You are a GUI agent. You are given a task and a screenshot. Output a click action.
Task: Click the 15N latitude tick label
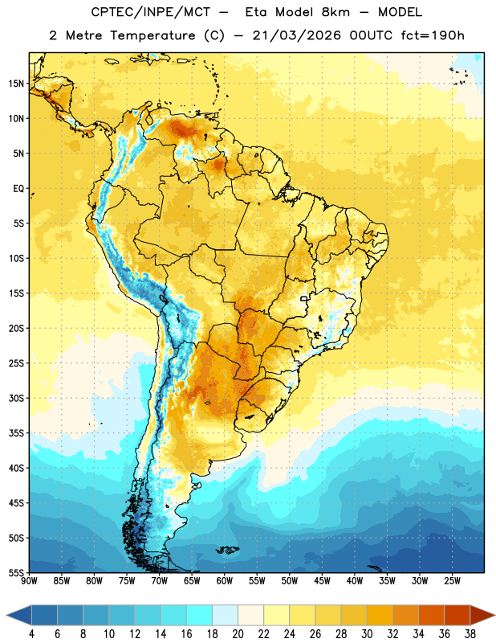[x=16, y=84]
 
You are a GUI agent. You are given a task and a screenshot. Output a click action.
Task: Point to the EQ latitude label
[x=18, y=189]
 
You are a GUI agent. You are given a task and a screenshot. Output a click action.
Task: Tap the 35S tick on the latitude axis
[x=16, y=433]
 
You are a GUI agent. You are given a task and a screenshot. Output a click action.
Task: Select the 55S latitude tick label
[x=16, y=572]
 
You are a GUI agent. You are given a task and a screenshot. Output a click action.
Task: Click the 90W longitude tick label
[x=29, y=581]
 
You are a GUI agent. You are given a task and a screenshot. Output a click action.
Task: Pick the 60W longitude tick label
[x=225, y=581]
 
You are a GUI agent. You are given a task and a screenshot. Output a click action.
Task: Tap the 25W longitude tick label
[x=452, y=581]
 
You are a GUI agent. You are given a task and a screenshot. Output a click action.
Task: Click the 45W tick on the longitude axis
[x=322, y=581]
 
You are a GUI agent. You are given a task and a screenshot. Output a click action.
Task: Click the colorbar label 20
[x=238, y=634]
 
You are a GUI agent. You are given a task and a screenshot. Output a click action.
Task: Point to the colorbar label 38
[x=470, y=634]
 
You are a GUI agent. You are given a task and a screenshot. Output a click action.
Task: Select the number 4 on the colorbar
[x=31, y=634]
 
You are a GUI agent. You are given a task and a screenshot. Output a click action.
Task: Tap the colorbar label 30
[x=367, y=634]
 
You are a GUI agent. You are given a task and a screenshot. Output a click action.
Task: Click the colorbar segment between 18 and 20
[x=225, y=616]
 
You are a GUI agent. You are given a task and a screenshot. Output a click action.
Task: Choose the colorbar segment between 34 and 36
[x=431, y=616]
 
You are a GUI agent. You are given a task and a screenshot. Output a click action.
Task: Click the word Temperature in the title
[x=153, y=35]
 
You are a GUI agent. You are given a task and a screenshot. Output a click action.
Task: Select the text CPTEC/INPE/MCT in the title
[x=150, y=12]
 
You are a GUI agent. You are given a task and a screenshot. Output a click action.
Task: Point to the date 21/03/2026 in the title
[x=296, y=35]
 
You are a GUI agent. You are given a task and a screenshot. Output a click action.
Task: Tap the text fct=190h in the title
[x=433, y=35]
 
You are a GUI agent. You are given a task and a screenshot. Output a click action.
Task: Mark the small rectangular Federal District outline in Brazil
[x=304, y=298]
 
